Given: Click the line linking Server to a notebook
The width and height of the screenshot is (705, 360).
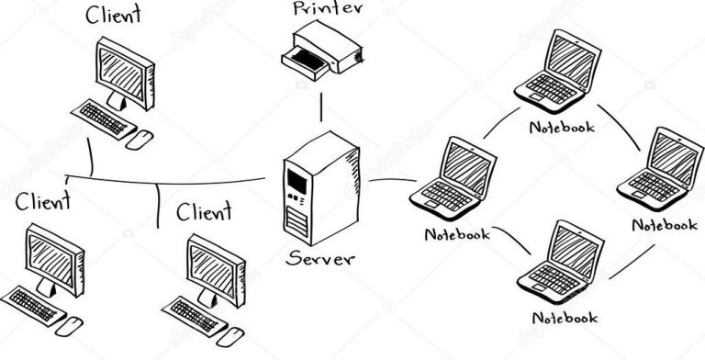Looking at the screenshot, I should click(x=390, y=180).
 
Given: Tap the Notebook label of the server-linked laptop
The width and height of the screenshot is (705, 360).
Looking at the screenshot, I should click(x=457, y=233).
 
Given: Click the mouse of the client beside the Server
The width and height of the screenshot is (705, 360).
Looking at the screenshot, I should click(x=235, y=331).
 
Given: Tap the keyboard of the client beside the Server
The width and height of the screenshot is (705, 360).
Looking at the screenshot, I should click(x=198, y=312).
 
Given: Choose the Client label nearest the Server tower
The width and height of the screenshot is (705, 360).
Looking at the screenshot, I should click(x=204, y=214).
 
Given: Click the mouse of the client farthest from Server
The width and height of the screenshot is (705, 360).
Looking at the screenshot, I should click(x=72, y=323).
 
